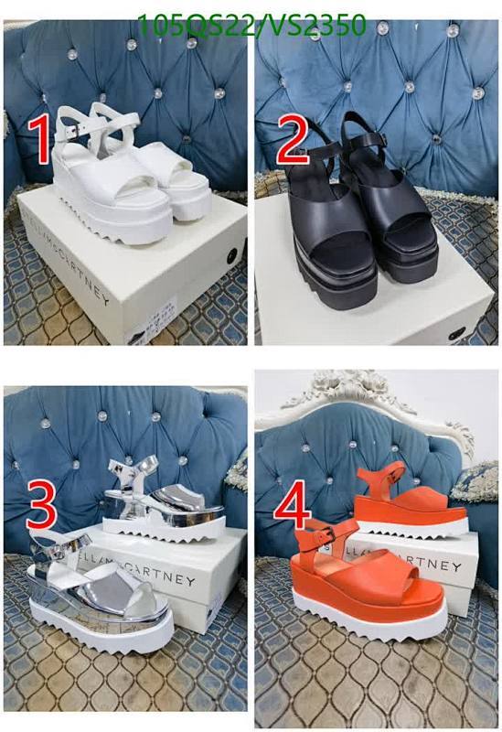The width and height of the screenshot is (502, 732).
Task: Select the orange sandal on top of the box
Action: tap(402, 499)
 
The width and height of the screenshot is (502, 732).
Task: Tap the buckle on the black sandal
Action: tap(390, 140)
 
